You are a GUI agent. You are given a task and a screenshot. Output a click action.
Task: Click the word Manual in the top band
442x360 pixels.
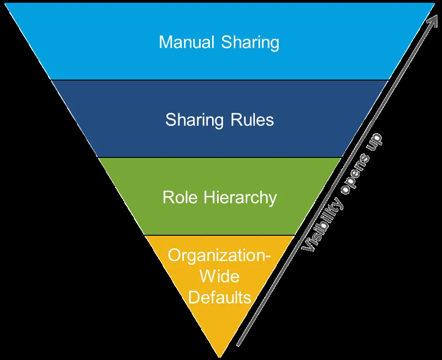point(187,42)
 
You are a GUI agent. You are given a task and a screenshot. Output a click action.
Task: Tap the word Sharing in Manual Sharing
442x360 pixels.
point(250,43)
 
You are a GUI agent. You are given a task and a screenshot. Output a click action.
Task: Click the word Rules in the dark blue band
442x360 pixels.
point(252,119)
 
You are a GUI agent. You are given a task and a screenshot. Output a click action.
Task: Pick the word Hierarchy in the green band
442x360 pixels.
point(240,198)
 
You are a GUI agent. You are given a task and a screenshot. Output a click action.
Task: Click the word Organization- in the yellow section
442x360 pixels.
point(219,256)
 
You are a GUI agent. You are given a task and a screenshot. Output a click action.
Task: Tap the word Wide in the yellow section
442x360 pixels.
point(220,276)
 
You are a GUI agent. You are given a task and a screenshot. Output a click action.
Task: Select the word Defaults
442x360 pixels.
point(220,297)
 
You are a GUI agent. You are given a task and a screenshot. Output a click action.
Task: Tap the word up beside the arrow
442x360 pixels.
point(374,140)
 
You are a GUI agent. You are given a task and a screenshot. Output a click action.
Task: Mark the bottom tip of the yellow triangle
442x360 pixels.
point(220,358)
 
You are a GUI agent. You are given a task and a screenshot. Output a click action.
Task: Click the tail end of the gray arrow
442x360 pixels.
point(238,345)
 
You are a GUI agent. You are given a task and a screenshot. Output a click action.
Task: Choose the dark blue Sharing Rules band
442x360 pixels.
point(220,119)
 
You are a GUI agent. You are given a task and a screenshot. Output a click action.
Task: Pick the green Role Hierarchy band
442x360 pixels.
point(220,196)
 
